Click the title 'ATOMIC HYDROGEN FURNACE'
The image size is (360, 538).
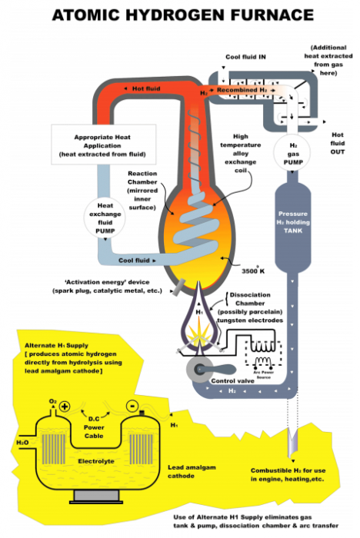click(180, 15)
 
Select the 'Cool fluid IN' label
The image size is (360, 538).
click(246, 58)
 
